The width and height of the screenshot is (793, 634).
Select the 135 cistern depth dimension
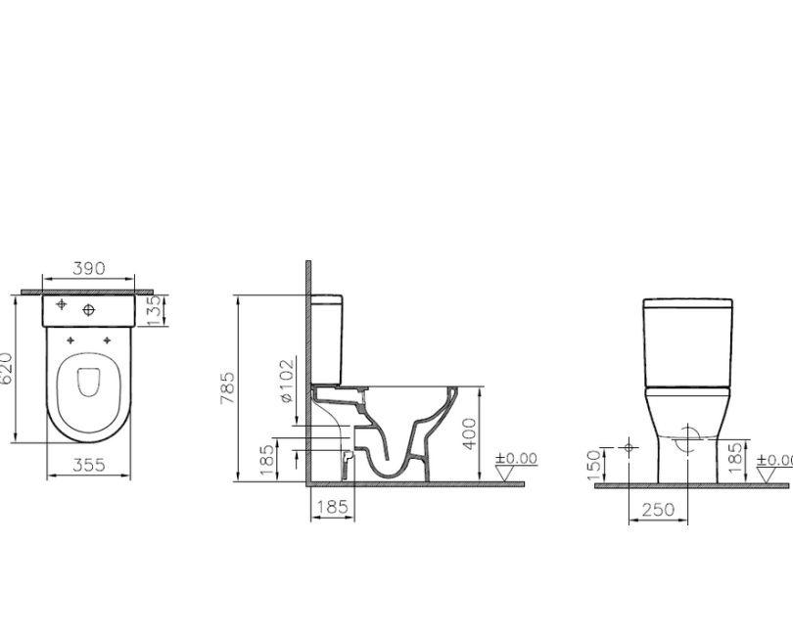point(153,309)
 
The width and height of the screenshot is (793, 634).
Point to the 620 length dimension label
point(8,369)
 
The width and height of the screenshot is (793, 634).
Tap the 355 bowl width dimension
point(89,466)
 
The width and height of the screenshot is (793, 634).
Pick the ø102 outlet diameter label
point(286,381)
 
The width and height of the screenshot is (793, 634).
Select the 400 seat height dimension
point(470,433)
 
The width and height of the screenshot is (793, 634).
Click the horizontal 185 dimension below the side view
point(334,507)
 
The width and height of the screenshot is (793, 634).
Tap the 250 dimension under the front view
point(658,510)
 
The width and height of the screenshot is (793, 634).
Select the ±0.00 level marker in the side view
point(516,458)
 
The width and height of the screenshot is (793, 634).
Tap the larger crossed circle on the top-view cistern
point(89,310)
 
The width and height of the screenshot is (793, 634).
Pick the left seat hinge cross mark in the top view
point(70,340)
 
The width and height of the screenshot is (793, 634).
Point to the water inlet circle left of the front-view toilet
point(629,448)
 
